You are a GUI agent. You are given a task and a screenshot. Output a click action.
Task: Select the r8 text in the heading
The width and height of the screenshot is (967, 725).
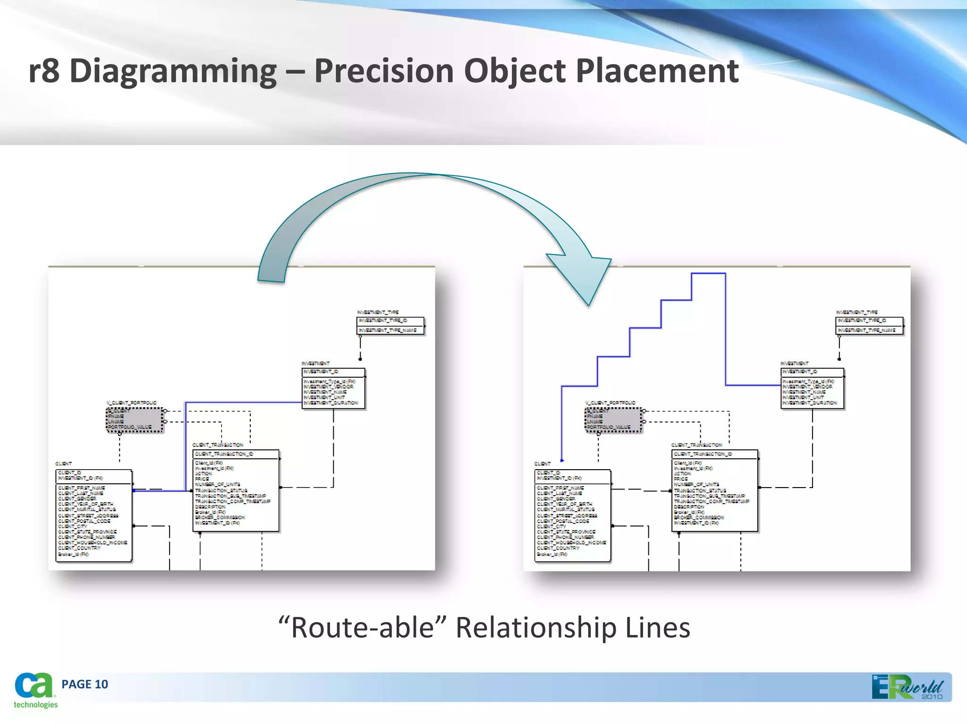tap(44, 71)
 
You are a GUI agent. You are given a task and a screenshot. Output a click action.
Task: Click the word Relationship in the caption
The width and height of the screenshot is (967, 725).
tap(536, 628)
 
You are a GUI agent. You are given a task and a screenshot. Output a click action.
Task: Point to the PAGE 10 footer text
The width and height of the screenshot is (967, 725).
tap(85, 684)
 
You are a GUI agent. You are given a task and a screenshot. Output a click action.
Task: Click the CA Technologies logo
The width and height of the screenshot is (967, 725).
tap(34, 690)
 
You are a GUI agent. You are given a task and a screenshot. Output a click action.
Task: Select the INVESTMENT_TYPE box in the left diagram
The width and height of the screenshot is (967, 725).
tap(390, 326)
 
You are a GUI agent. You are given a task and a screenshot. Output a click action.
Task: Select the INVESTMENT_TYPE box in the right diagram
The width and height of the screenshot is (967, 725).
tap(869, 326)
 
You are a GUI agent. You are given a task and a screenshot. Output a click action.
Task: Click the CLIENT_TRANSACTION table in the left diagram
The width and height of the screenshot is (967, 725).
tap(236, 491)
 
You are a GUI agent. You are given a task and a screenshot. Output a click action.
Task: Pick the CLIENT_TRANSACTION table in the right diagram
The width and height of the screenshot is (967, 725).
tap(715, 491)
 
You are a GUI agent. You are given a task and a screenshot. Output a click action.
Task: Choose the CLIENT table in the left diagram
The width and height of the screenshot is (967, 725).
tap(93, 515)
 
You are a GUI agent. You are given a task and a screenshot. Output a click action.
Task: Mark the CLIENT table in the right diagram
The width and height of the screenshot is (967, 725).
tap(573, 515)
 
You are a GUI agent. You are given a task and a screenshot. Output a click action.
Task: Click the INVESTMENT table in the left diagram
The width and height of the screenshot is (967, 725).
tap(333, 388)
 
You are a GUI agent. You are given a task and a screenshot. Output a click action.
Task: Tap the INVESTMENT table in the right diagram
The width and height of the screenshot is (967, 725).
tap(812, 388)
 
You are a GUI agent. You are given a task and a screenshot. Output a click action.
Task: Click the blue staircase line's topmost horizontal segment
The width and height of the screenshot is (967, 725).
tap(708, 273)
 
